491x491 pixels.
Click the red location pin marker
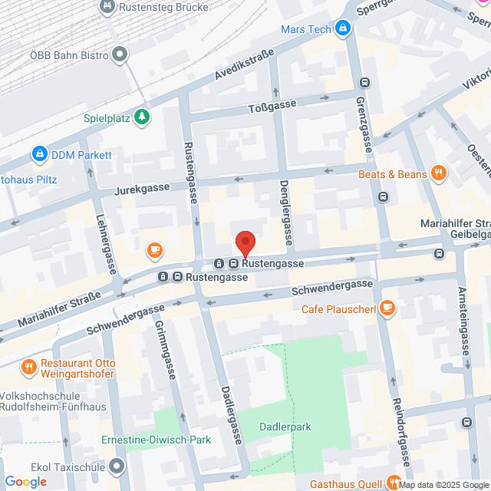[x=245, y=243]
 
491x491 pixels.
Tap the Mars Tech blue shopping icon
[x=343, y=28]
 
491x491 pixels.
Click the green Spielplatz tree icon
[x=141, y=117]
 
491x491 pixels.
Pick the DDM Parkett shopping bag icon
[x=38, y=154]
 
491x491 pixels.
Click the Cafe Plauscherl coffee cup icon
[x=387, y=308]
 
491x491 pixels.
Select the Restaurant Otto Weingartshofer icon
[x=28, y=366]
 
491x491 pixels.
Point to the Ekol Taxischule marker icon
[x=117, y=466]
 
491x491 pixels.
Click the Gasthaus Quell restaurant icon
[x=394, y=482]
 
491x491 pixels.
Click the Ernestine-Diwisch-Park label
[x=156, y=440]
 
